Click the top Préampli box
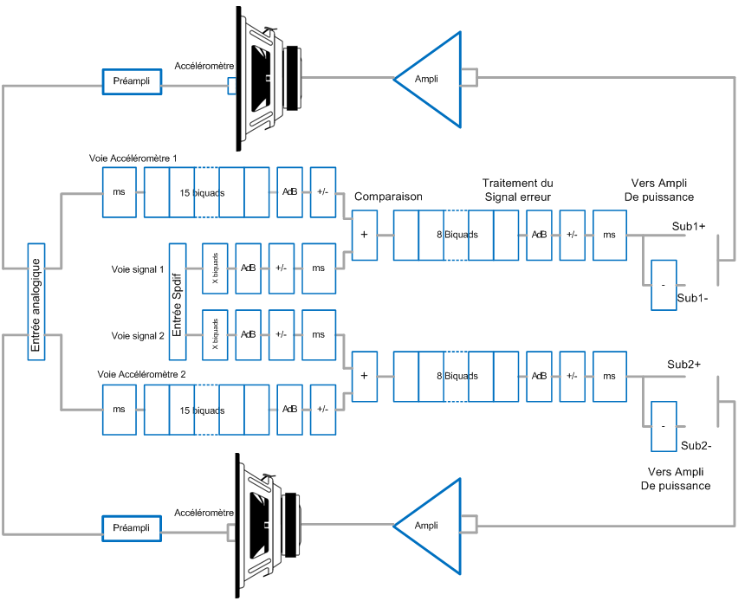tap(132, 81)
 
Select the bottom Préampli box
tap(132, 527)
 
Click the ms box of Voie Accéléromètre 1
tap(120, 191)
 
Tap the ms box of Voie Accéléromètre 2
tap(120, 410)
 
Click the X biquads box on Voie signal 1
tap(215, 269)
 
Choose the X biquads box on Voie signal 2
tap(215, 334)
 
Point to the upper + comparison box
tap(364, 234)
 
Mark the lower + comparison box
tap(364, 376)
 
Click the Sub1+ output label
tap(689, 226)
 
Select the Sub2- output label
tap(696, 446)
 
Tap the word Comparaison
tap(388, 197)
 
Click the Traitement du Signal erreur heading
tap(517, 191)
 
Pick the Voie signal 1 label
tap(138, 269)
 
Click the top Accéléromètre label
tap(204, 66)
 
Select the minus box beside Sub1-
tap(663, 285)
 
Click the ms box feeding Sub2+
tap(609, 376)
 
